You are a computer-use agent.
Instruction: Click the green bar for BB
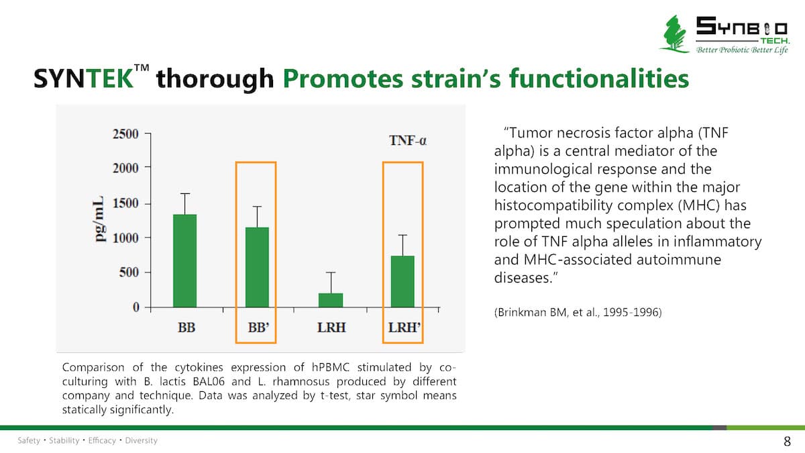point(184,260)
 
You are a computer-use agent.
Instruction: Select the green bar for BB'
point(257,266)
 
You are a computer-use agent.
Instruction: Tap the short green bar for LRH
point(330,299)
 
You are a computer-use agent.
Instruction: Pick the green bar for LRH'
point(402,281)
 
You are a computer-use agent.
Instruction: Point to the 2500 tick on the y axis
point(125,134)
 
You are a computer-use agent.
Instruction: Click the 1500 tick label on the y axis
point(125,203)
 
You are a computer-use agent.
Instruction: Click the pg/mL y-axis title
point(99,220)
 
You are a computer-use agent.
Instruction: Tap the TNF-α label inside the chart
point(409,141)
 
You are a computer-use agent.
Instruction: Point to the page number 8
point(787,441)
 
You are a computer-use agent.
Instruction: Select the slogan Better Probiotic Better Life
point(742,50)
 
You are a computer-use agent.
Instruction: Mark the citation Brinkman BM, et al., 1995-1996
point(577,312)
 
